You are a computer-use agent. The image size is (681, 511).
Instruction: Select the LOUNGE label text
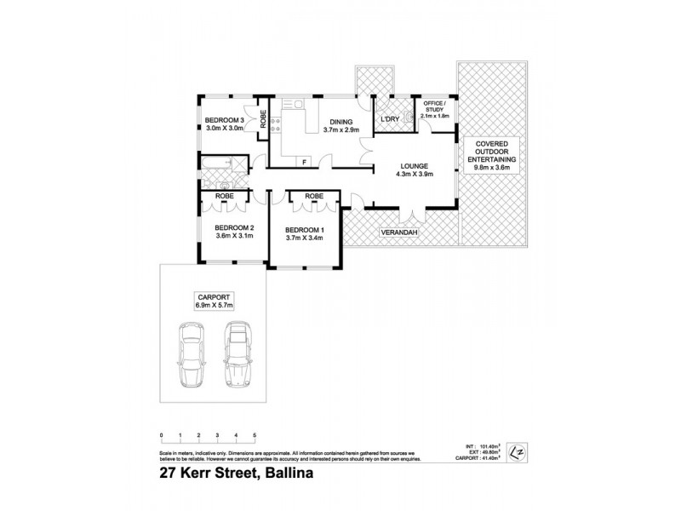click(x=415, y=165)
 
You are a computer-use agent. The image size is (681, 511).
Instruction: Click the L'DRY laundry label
click(x=390, y=119)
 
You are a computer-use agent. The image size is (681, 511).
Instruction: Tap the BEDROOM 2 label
click(x=234, y=227)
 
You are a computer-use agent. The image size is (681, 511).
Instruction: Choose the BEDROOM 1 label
click(x=305, y=230)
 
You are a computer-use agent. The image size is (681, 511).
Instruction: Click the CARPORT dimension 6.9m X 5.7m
click(x=215, y=304)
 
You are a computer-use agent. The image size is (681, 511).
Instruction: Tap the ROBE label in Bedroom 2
click(x=225, y=196)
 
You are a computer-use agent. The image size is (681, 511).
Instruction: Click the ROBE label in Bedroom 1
click(x=314, y=196)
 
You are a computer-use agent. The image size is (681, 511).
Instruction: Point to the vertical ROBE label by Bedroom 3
click(x=264, y=118)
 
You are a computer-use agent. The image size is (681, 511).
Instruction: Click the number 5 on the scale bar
click(x=255, y=434)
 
